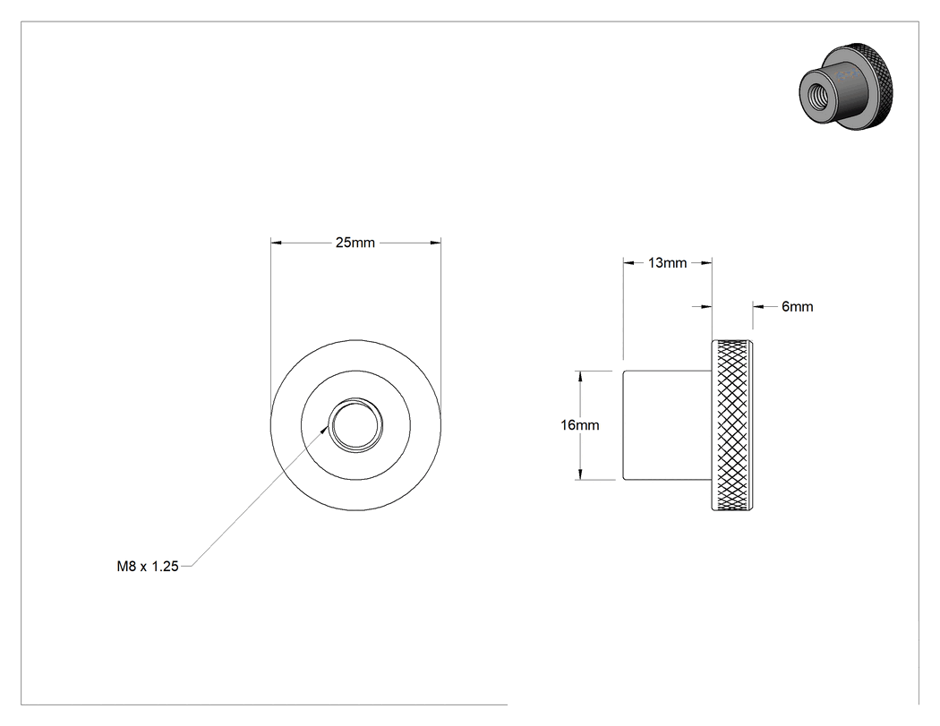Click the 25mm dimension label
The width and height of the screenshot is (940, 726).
click(355, 243)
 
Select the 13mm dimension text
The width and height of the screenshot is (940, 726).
click(667, 262)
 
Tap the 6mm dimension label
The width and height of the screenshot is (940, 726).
click(798, 307)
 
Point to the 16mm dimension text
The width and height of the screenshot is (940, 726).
click(580, 425)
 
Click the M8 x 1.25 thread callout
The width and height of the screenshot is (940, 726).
click(148, 567)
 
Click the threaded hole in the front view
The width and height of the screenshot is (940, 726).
click(356, 425)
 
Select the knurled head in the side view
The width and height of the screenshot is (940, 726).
click(732, 425)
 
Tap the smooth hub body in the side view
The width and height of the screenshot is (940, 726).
click(667, 425)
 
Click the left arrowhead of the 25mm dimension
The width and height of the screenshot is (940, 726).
click(277, 243)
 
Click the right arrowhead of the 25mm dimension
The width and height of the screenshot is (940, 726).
click(435, 243)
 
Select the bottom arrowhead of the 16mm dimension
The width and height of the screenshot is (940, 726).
click(580, 474)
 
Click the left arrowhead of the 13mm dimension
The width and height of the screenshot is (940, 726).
click(628, 262)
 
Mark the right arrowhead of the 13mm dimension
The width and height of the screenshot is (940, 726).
click(706, 262)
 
